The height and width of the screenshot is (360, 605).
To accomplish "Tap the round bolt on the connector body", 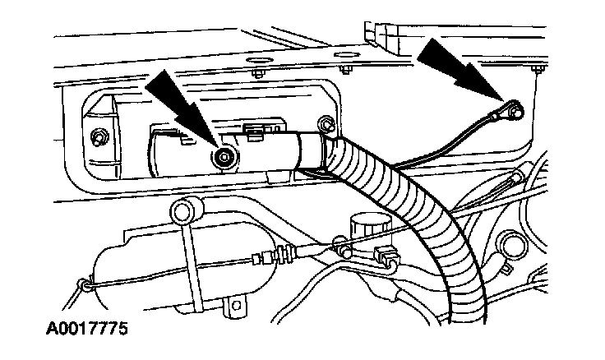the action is (x=224, y=157).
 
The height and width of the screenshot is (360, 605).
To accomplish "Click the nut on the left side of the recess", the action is (x=99, y=136).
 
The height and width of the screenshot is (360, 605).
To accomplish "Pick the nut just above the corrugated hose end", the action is (x=326, y=124).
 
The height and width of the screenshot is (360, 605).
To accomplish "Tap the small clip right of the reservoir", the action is (x=385, y=256).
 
